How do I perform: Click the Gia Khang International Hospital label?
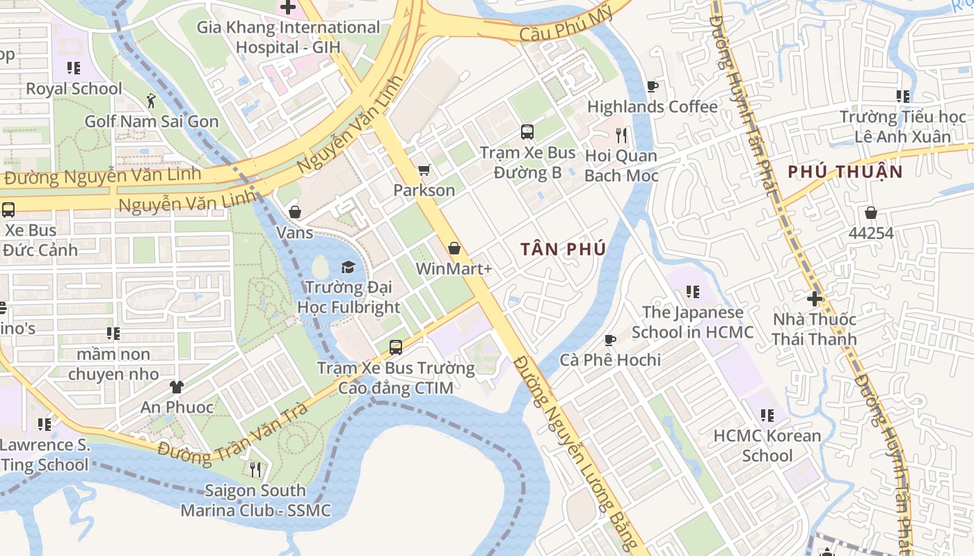click(288, 37)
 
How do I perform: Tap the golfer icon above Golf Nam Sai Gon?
click(151, 101)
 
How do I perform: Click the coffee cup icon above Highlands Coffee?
click(652, 87)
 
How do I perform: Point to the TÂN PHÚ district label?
click(564, 249)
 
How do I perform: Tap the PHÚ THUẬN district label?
click(845, 172)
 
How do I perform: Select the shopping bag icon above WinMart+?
click(454, 248)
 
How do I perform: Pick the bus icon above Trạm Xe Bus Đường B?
click(527, 132)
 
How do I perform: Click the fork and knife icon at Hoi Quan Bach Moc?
click(621, 135)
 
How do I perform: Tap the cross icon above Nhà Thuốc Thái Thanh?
click(815, 300)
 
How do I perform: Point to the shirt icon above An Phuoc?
click(176, 386)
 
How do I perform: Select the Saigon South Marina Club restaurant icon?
click(255, 471)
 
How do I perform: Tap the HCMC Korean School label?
click(767, 445)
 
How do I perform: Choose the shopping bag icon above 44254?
click(870, 213)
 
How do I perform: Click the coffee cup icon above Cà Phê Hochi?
click(610, 340)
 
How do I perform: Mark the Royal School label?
click(74, 89)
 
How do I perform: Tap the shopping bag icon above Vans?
click(295, 212)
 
